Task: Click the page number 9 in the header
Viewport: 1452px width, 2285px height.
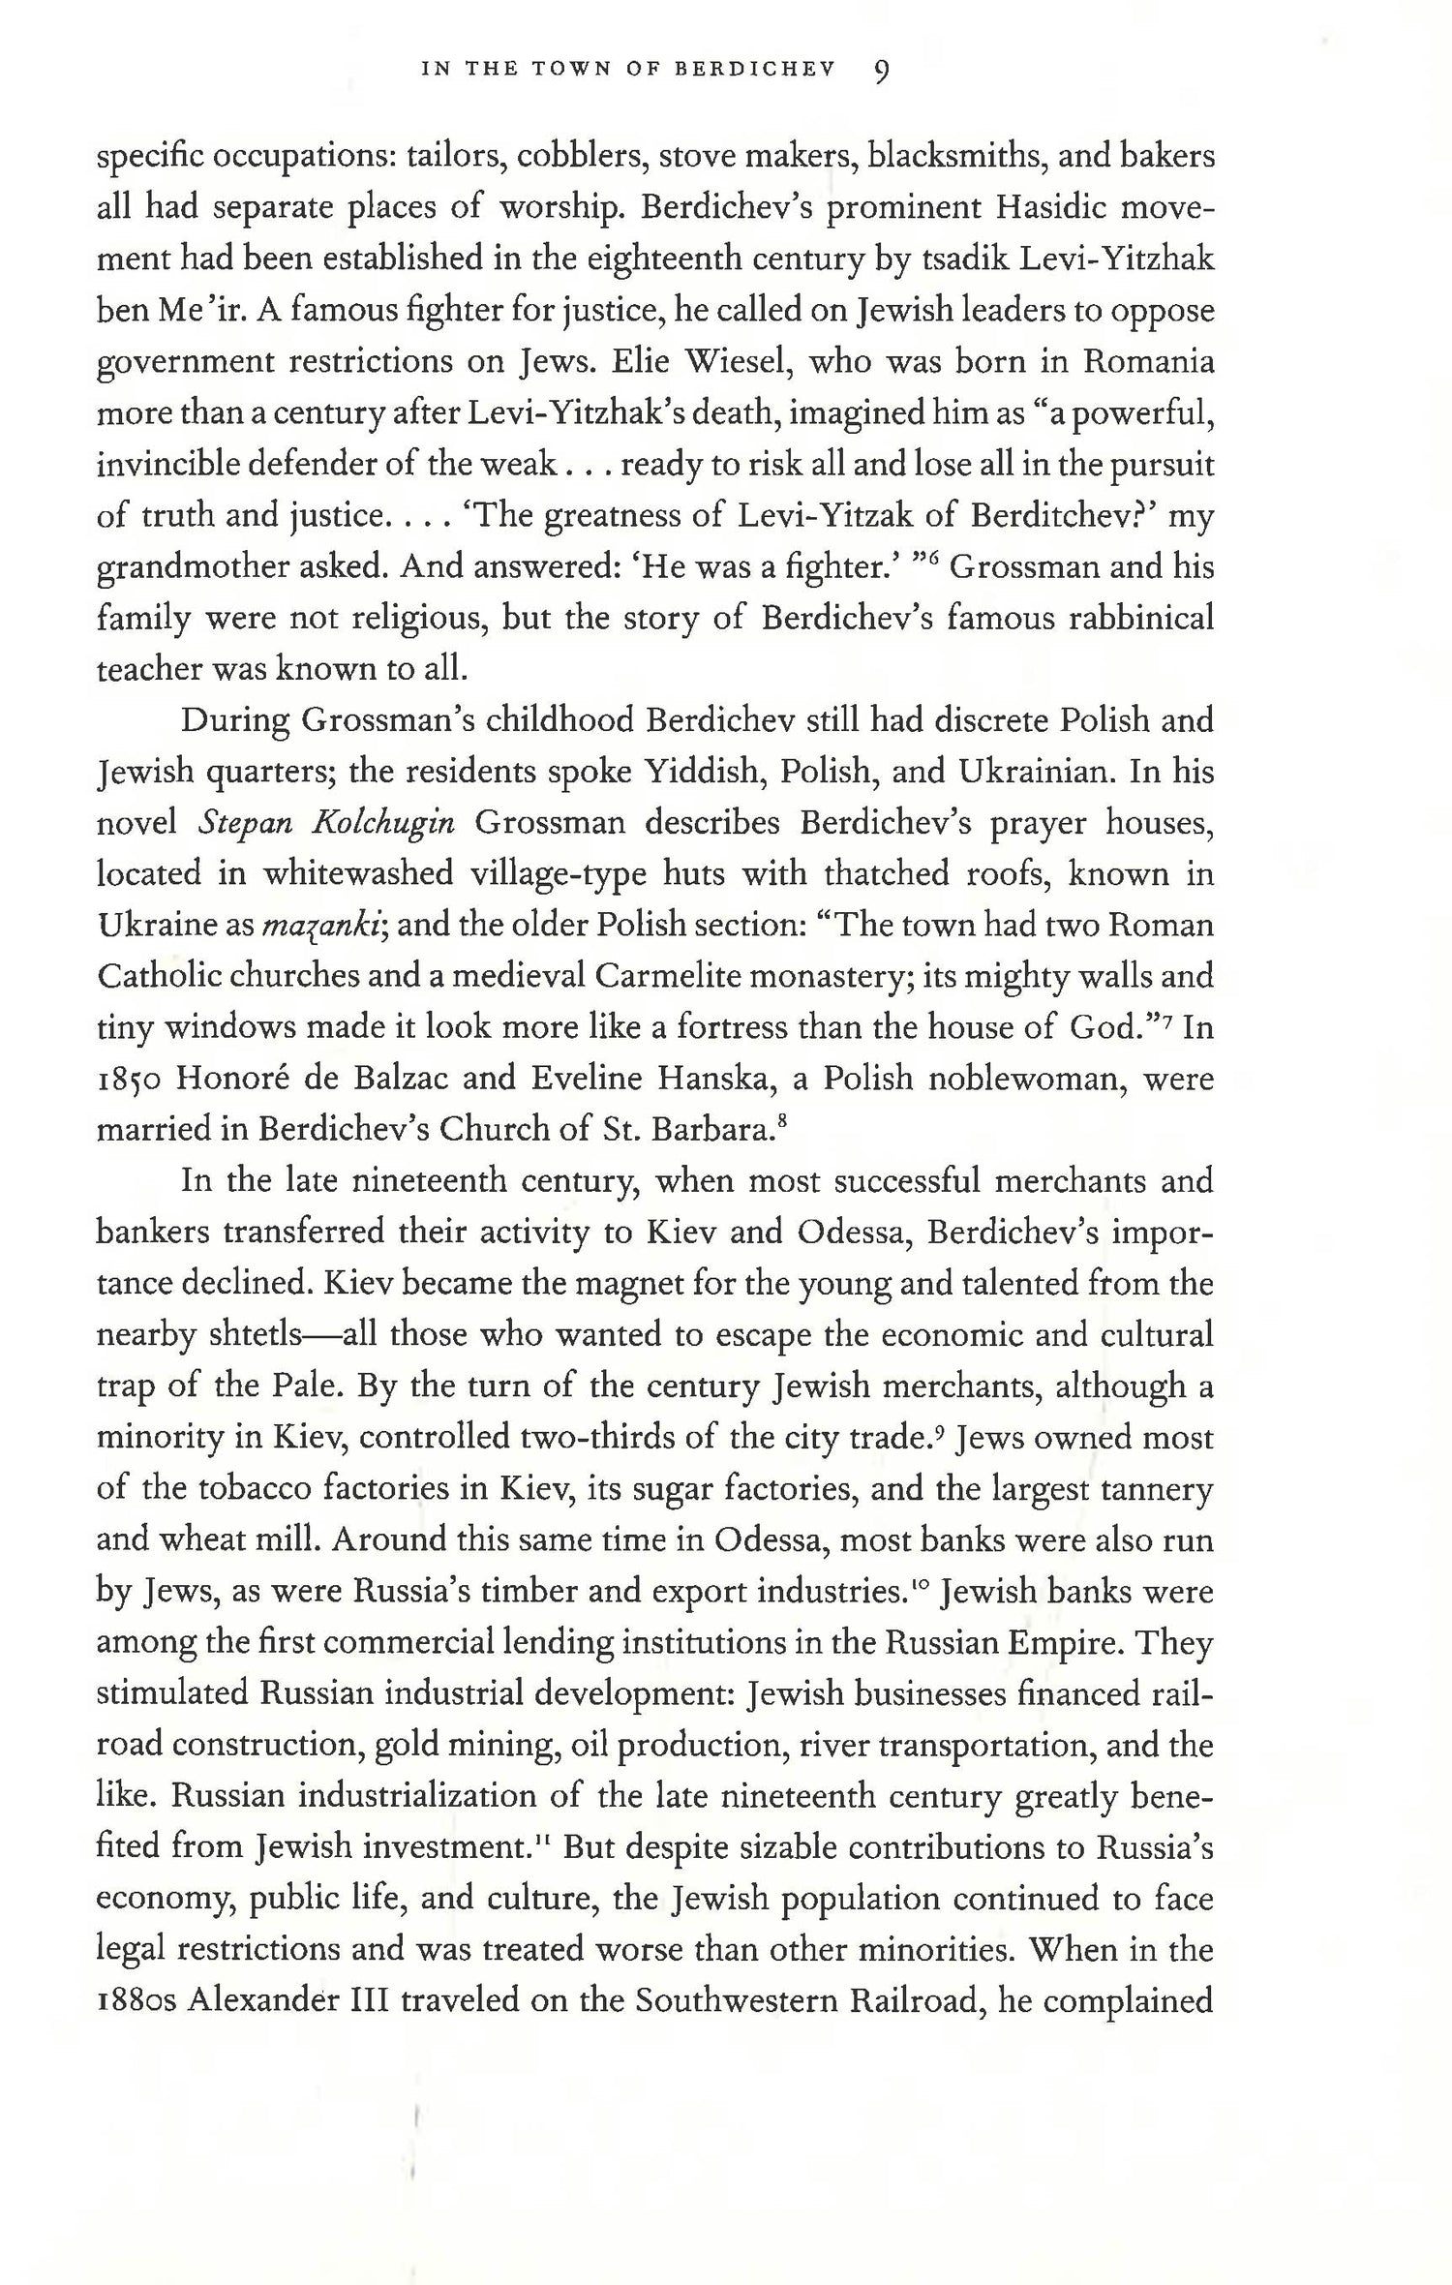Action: [x=881, y=72]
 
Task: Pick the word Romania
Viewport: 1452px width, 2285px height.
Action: [x=1148, y=362]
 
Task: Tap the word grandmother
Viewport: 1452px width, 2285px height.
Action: [x=190, y=567]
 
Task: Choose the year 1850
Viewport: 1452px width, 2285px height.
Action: [x=131, y=1079]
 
